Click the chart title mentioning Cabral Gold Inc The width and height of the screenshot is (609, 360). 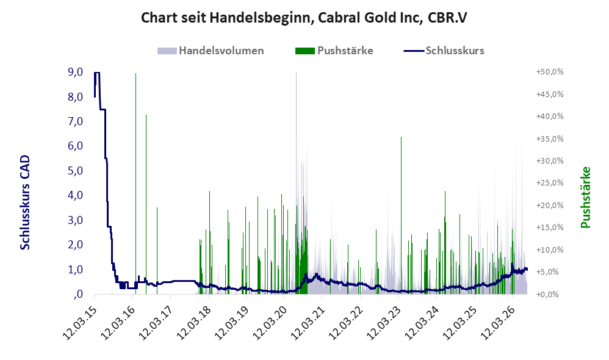pos(304,18)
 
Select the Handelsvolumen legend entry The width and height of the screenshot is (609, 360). pos(211,51)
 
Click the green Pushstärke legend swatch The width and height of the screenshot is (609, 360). pos(305,51)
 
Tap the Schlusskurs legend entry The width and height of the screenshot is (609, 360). pos(444,51)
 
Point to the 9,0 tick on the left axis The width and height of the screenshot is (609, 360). pos(75,72)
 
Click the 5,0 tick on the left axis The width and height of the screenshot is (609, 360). pos(75,170)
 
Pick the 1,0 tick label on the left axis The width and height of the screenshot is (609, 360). pos(75,270)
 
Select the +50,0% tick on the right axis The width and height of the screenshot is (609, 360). pos(550,72)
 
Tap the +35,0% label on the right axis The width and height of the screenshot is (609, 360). pos(550,139)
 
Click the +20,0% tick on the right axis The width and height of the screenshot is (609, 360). pos(550,206)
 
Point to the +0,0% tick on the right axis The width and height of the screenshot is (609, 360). pos(550,294)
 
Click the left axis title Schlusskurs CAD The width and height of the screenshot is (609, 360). pos(25,203)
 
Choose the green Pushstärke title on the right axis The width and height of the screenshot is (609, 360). pos(585,197)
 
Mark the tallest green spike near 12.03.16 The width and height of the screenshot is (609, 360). pos(135,183)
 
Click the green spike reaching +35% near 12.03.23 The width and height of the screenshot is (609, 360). pos(401,215)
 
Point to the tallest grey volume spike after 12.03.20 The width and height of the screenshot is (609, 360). pos(297,183)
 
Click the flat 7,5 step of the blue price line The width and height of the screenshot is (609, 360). pos(103,109)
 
